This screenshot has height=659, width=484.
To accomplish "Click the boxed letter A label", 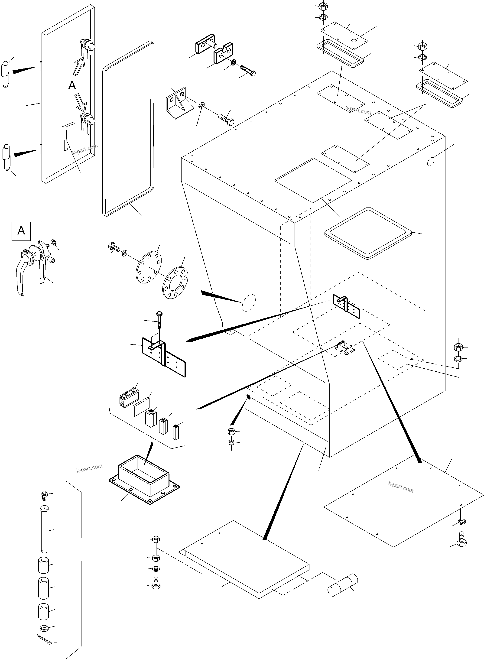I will tap(21, 231).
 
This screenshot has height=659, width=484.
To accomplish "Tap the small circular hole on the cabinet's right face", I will tap(430, 161).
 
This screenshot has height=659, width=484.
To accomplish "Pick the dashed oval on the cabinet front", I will tap(248, 302).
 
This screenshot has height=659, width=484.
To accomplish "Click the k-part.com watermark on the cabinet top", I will tap(358, 111).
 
